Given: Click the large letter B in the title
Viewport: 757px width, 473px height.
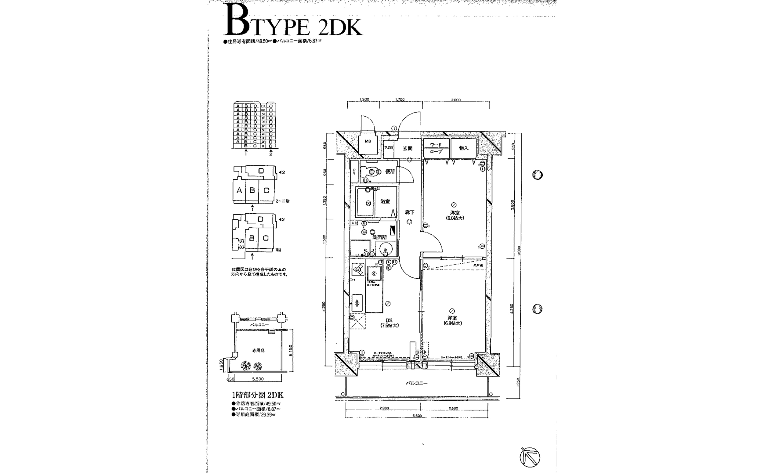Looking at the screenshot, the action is coord(237,20).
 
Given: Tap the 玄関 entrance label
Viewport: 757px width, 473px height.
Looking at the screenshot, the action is coord(407,148).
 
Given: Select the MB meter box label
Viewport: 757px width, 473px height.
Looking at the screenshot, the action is coord(368,141).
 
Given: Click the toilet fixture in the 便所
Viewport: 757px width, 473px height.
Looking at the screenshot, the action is coord(369,172).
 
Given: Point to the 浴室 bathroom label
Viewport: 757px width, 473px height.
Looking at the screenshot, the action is coord(385,201).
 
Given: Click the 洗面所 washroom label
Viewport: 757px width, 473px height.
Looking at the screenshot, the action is coord(379,237).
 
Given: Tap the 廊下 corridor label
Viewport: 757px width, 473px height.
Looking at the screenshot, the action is coord(409,213).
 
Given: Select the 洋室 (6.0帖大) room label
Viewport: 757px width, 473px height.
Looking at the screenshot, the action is coord(455,215).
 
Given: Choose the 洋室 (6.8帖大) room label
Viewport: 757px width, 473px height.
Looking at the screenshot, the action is coord(452,321).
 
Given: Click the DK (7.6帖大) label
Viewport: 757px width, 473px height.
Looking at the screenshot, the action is coord(389,323).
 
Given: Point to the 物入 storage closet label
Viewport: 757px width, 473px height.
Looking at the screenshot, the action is coord(464,148).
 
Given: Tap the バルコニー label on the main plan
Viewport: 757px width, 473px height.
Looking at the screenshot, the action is coord(417,383).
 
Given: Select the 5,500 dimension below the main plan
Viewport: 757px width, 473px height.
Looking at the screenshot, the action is coord(417,416).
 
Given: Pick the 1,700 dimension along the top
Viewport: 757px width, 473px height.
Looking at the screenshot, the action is coord(400,99).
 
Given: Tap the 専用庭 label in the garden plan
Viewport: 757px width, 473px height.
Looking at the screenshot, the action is coord(258,350).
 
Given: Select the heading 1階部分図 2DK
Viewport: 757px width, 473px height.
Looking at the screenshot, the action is coord(257,395).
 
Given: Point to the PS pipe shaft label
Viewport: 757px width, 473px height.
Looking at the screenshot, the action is coord(354,172).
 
